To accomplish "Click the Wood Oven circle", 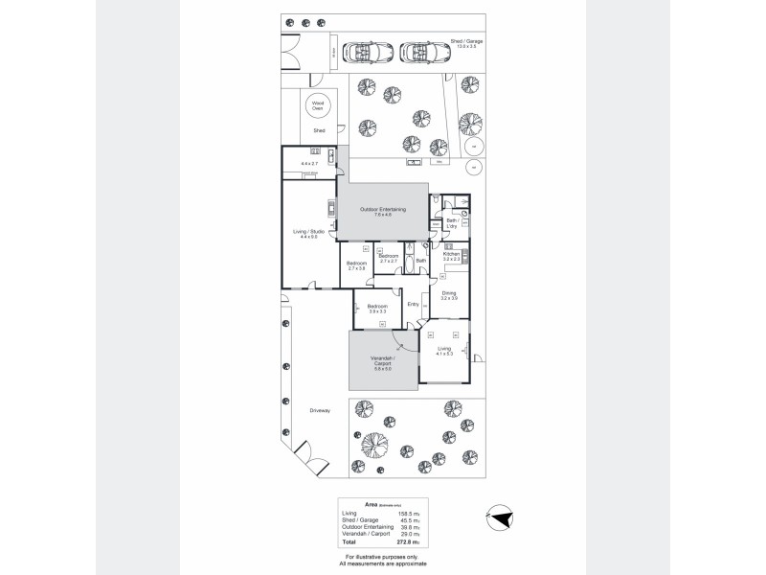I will click(317, 106).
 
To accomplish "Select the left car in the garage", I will click(365, 51).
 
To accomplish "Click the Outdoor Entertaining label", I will click(383, 211).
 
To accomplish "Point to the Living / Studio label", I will click(308, 233).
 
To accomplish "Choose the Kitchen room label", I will click(452, 256).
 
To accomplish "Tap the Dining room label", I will click(448, 295).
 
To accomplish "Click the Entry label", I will click(413, 304).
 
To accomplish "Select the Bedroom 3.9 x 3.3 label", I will click(376, 309).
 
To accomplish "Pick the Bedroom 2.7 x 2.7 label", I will click(388, 258).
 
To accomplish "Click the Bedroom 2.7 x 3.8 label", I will click(357, 265).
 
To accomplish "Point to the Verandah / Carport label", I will click(382, 364).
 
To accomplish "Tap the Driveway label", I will click(320, 410).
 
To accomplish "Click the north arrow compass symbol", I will click(499, 518).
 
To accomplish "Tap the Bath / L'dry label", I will click(453, 222).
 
